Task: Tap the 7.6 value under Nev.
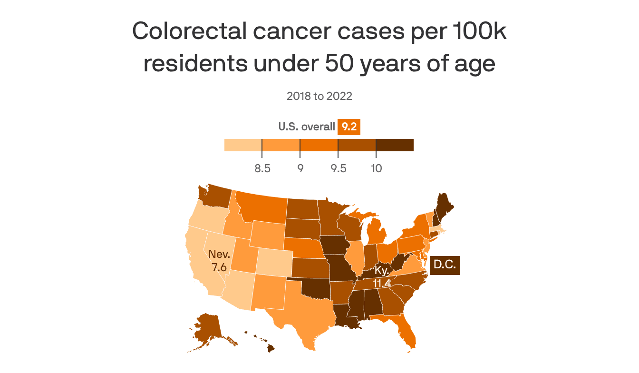(x=219, y=267)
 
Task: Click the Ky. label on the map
(x=381, y=271)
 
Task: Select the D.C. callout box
(x=445, y=265)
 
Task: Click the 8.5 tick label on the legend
(x=262, y=168)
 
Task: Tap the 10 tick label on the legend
(x=376, y=168)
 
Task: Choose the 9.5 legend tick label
(x=338, y=168)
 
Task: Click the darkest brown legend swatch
(x=395, y=145)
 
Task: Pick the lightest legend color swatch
(x=243, y=145)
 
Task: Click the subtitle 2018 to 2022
(x=319, y=96)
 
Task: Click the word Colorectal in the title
(x=189, y=31)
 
